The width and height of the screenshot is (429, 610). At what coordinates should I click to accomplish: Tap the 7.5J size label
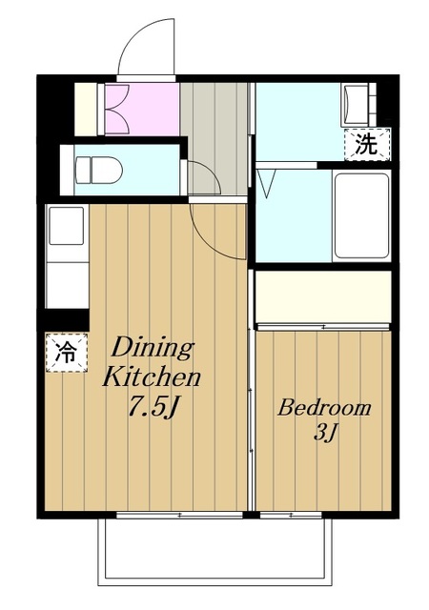pyautogui.click(x=152, y=406)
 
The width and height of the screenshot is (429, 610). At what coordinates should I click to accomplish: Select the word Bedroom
pyautogui.click(x=323, y=408)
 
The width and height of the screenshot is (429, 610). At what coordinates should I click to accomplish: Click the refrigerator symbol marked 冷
pyautogui.click(x=63, y=351)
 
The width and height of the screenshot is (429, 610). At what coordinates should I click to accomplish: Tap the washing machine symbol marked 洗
pyautogui.click(x=366, y=145)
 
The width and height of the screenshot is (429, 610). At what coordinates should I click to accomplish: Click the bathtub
pyautogui.click(x=361, y=215)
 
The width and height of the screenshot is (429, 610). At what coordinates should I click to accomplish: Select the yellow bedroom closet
pyautogui.click(x=322, y=297)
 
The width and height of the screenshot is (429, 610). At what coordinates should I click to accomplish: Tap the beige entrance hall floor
pyautogui.click(x=214, y=129)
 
